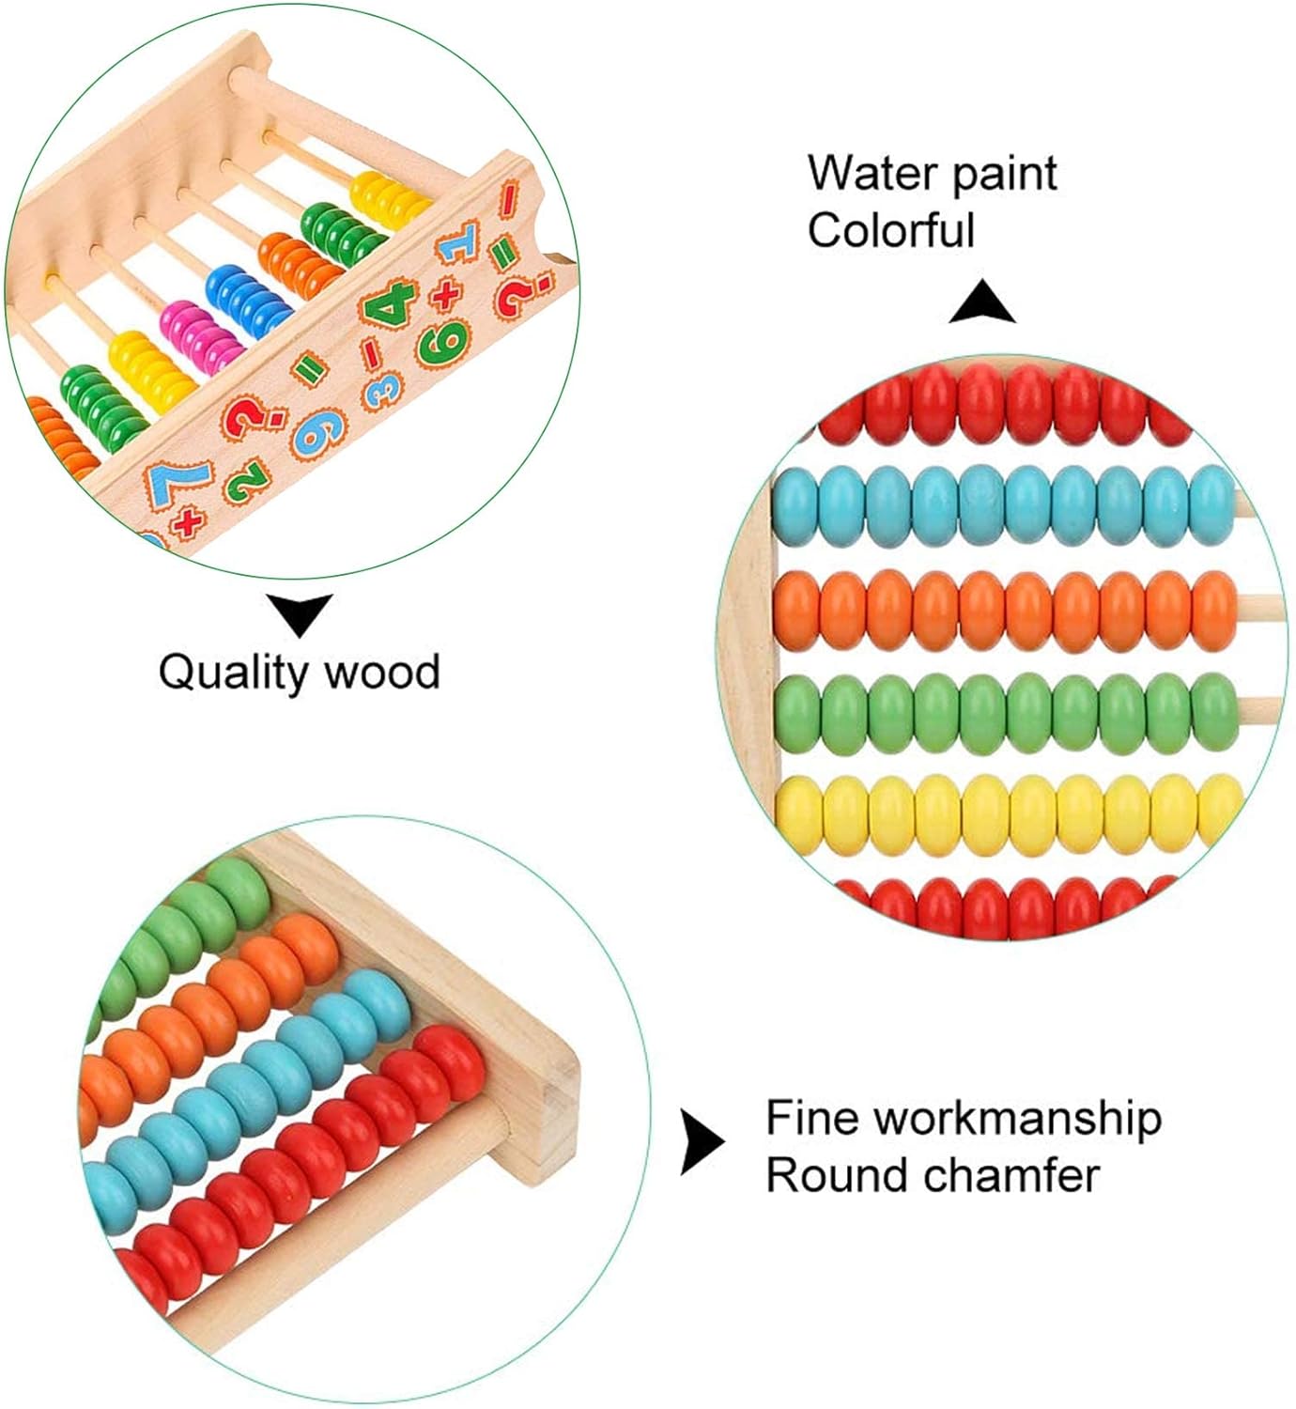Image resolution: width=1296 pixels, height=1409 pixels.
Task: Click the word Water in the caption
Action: (872, 174)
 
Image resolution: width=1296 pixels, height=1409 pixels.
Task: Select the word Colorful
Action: (891, 231)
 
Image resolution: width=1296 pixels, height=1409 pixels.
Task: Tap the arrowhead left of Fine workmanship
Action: (701, 1143)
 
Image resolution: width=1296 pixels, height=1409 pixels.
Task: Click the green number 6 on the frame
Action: (441, 342)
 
